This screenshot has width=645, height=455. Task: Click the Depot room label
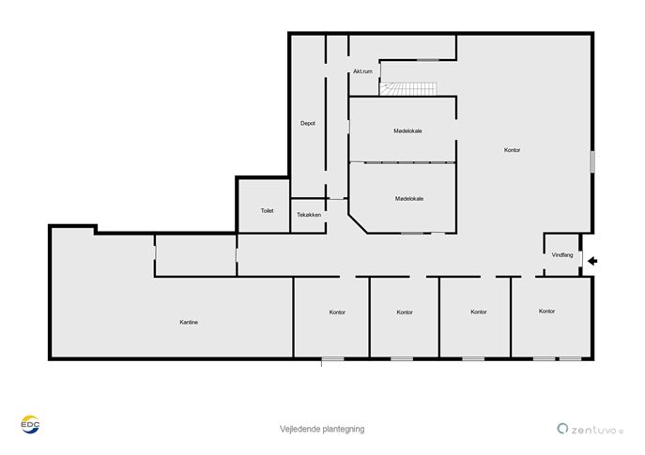click(308, 123)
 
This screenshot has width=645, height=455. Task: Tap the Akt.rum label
click(362, 71)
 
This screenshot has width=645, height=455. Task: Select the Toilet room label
click(267, 210)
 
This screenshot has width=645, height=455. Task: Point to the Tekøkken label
click(309, 215)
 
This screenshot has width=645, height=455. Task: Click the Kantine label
click(189, 322)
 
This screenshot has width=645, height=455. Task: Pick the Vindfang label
click(561, 255)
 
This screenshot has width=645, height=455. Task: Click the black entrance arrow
click(592, 261)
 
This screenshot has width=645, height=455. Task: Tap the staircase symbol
click(408, 89)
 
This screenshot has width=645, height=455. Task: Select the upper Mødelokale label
click(407, 131)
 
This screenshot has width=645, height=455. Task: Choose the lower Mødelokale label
click(409, 199)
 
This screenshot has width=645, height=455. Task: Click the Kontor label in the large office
click(512, 150)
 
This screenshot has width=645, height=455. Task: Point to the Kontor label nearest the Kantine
click(337, 312)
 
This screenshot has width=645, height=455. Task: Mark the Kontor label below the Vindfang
click(546, 311)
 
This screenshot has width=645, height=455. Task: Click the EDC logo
click(30, 425)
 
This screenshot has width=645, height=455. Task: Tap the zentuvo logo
click(591, 429)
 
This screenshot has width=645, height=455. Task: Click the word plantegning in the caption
click(344, 430)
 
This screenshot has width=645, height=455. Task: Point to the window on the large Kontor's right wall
click(592, 161)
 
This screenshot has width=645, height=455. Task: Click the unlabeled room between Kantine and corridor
click(196, 255)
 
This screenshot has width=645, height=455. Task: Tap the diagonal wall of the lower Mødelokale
click(358, 223)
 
